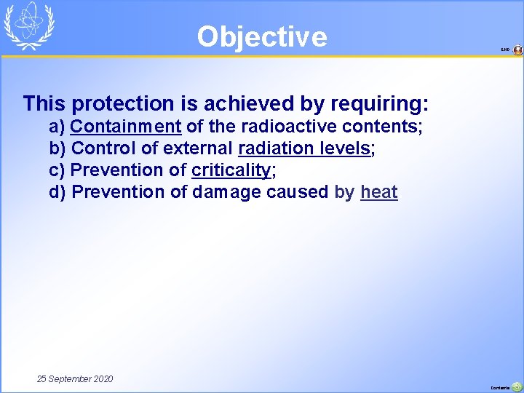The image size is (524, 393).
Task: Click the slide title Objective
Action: [x=262, y=36]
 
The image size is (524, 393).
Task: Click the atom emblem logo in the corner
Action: [x=30, y=25]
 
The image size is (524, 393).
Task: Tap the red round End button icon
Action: [x=517, y=50]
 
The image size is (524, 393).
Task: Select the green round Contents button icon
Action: [x=517, y=387]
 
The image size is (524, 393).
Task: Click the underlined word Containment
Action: [x=125, y=127]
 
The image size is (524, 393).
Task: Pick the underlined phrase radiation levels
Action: [x=304, y=148]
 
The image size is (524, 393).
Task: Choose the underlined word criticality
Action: [x=231, y=170]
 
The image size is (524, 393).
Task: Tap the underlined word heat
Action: [x=378, y=192]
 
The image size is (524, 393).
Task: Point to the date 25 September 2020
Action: [x=75, y=379]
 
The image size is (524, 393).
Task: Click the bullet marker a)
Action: [x=57, y=127]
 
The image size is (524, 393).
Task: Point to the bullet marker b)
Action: [x=57, y=148]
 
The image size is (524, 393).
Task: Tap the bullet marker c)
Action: [x=57, y=170]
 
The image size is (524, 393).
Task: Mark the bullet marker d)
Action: [x=57, y=192]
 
